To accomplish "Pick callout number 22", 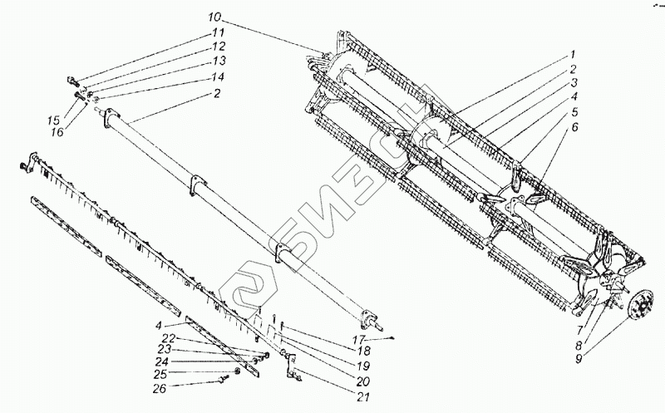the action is point(170,337).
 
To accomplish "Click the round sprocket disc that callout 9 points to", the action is point(639,304).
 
